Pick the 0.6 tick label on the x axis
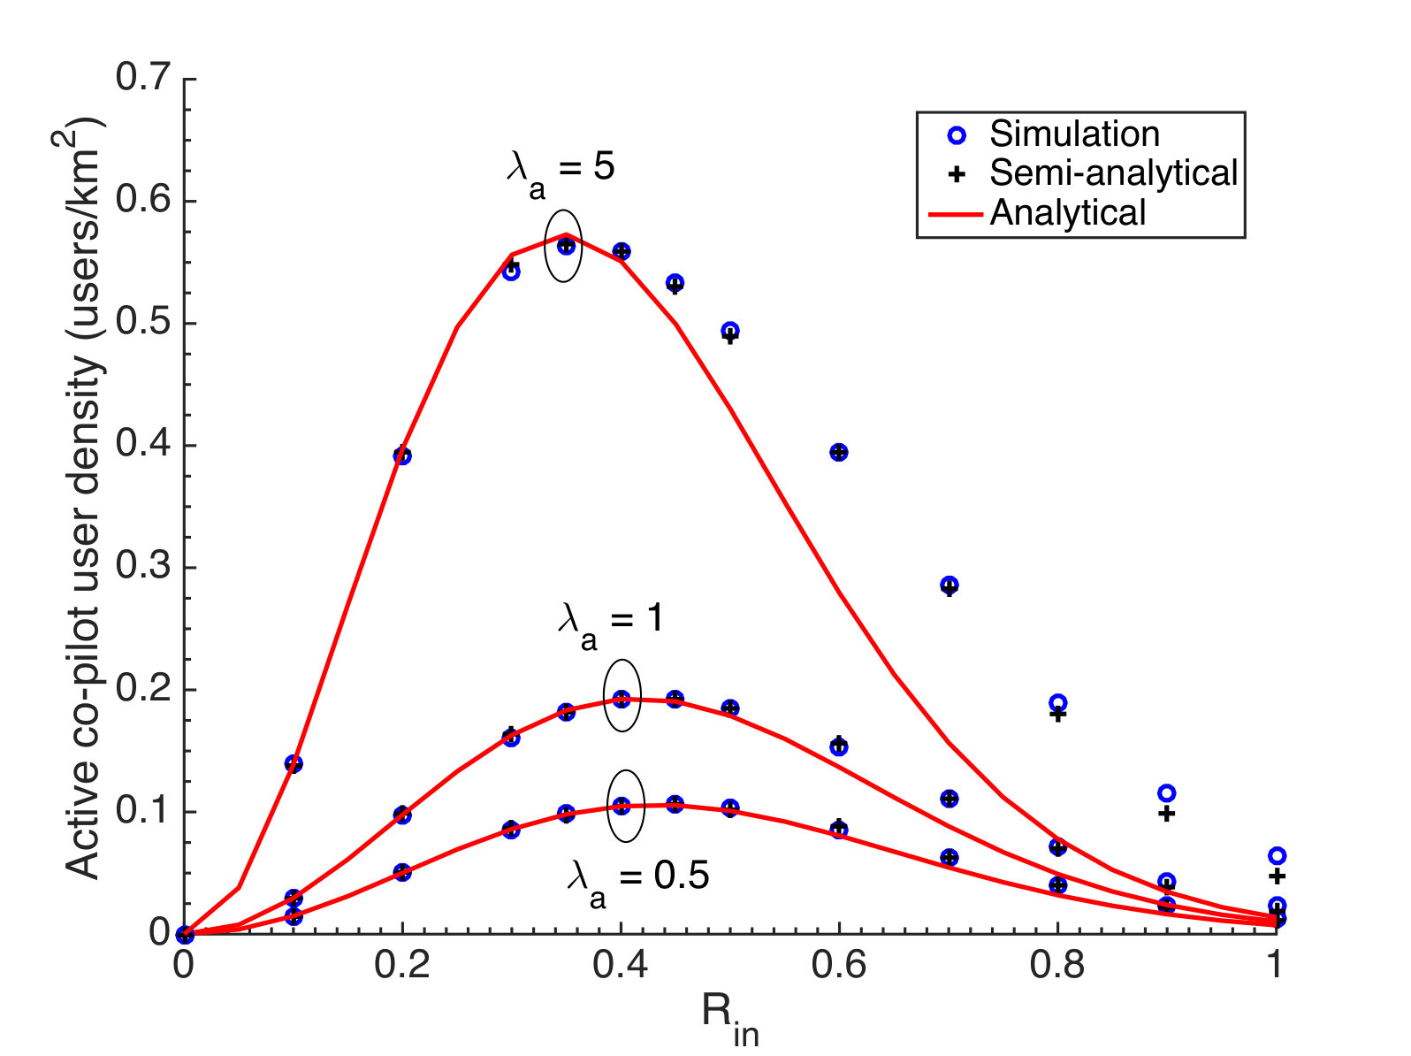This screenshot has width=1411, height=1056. (x=837, y=965)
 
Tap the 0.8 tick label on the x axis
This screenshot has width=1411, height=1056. (x=1056, y=965)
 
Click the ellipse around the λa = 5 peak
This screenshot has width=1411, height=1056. (x=563, y=210)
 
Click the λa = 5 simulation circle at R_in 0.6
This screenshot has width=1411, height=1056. (x=838, y=452)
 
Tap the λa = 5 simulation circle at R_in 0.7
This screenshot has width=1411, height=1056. (x=949, y=585)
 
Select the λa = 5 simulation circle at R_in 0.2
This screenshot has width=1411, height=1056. (x=401, y=456)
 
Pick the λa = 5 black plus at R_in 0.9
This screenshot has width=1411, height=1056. (x=1166, y=815)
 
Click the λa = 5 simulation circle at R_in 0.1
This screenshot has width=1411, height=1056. (x=294, y=764)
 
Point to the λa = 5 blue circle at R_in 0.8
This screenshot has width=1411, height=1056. (x=1057, y=702)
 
